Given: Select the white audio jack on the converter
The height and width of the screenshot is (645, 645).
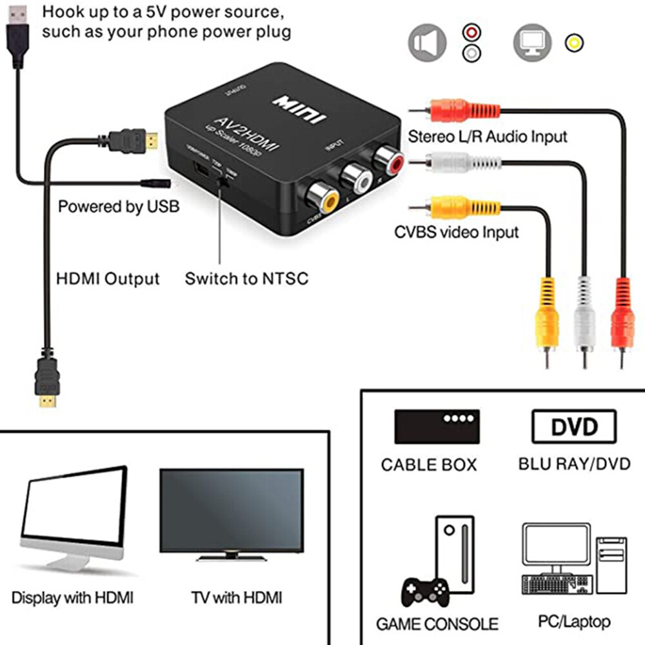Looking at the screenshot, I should [357, 175].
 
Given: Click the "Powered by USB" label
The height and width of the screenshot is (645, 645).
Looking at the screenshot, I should [119, 206].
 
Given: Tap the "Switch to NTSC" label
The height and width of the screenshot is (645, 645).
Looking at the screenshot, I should [246, 279].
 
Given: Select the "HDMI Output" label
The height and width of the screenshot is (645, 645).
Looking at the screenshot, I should [108, 279].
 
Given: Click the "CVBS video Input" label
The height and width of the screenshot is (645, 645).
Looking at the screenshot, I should [457, 232].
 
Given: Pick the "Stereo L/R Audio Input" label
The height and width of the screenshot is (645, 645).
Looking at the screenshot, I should [488, 136].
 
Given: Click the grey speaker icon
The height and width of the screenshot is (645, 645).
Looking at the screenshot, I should [428, 42].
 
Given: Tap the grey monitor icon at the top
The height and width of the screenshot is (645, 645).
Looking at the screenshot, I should [533, 42].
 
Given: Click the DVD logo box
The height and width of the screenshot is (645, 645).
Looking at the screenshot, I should [573, 426].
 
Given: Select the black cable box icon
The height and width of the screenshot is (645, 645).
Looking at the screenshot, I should [437, 426].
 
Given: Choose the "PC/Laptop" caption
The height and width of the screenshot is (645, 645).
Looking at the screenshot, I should [573, 622].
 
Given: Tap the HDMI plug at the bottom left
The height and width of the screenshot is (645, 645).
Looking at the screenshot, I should [46, 382].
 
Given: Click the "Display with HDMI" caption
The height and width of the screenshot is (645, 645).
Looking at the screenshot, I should [72, 598].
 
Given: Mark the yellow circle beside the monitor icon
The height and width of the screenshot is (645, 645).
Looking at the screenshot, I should [572, 43].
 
